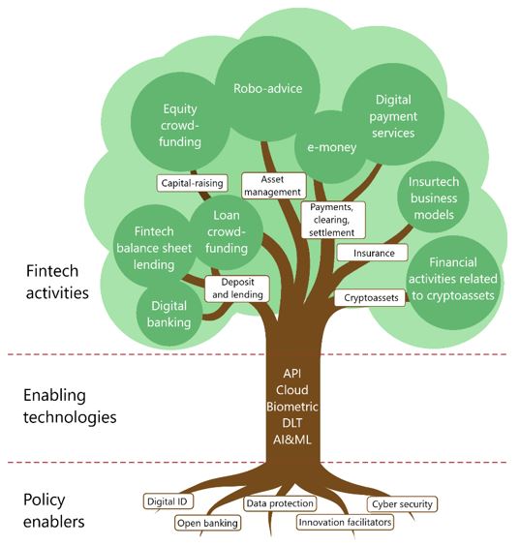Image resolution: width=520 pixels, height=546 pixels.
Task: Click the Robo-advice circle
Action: (x=267, y=88)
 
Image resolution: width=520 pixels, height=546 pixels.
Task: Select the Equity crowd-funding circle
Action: (x=181, y=125)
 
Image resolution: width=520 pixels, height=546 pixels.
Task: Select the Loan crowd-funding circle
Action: (x=229, y=233)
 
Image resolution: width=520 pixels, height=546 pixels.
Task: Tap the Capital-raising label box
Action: (x=192, y=182)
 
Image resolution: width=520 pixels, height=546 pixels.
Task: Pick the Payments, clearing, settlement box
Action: (x=333, y=220)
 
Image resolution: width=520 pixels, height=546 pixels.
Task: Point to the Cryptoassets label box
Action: (x=369, y=298)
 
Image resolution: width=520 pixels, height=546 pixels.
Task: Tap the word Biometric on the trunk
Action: (x=292, y=407)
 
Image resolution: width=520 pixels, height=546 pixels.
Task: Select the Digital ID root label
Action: (x=167, y=501)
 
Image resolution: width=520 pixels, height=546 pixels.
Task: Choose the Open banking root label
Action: (x=206, y=524)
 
